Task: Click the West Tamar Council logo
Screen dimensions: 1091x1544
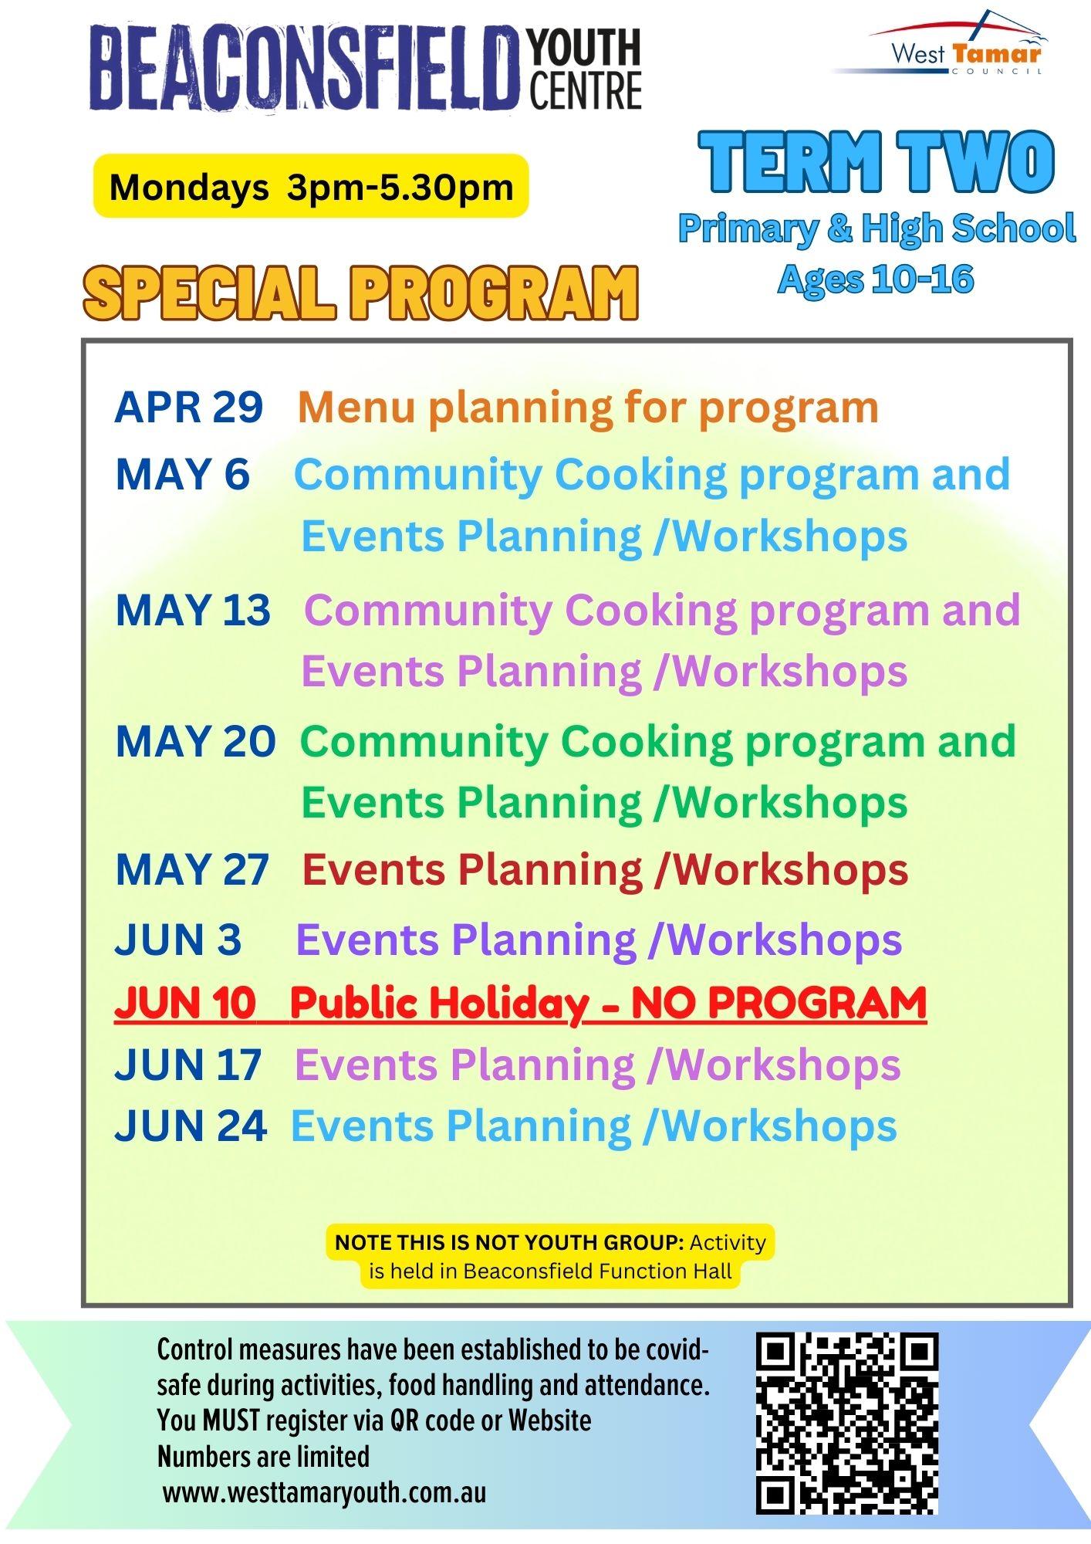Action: [x=940, y=44]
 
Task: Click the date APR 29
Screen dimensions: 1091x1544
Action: [x=189, y=407]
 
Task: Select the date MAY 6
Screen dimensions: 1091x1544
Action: [x=183, y=474]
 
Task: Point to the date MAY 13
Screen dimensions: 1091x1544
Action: [x=193, y=610]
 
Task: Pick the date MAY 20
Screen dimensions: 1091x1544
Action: [x=195, y=741]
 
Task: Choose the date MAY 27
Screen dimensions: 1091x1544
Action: [x=192, y=870]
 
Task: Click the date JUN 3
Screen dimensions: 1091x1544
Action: [x=178, y=940]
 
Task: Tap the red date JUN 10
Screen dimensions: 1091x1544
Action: [x=185, y=1003]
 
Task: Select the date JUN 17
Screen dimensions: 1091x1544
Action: [x=188, y=1065]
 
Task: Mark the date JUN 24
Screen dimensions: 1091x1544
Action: [x=191, y=1126]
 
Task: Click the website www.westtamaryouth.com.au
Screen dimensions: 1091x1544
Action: [x=324, y=1492]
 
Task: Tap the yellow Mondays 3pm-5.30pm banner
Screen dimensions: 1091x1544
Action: [x=311, y=186]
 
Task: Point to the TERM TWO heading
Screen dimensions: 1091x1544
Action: [x=877, y=161]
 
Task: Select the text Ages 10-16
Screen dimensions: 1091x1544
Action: [x=876, y=279]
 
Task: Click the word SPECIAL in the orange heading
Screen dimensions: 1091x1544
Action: [x=209, y=293]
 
